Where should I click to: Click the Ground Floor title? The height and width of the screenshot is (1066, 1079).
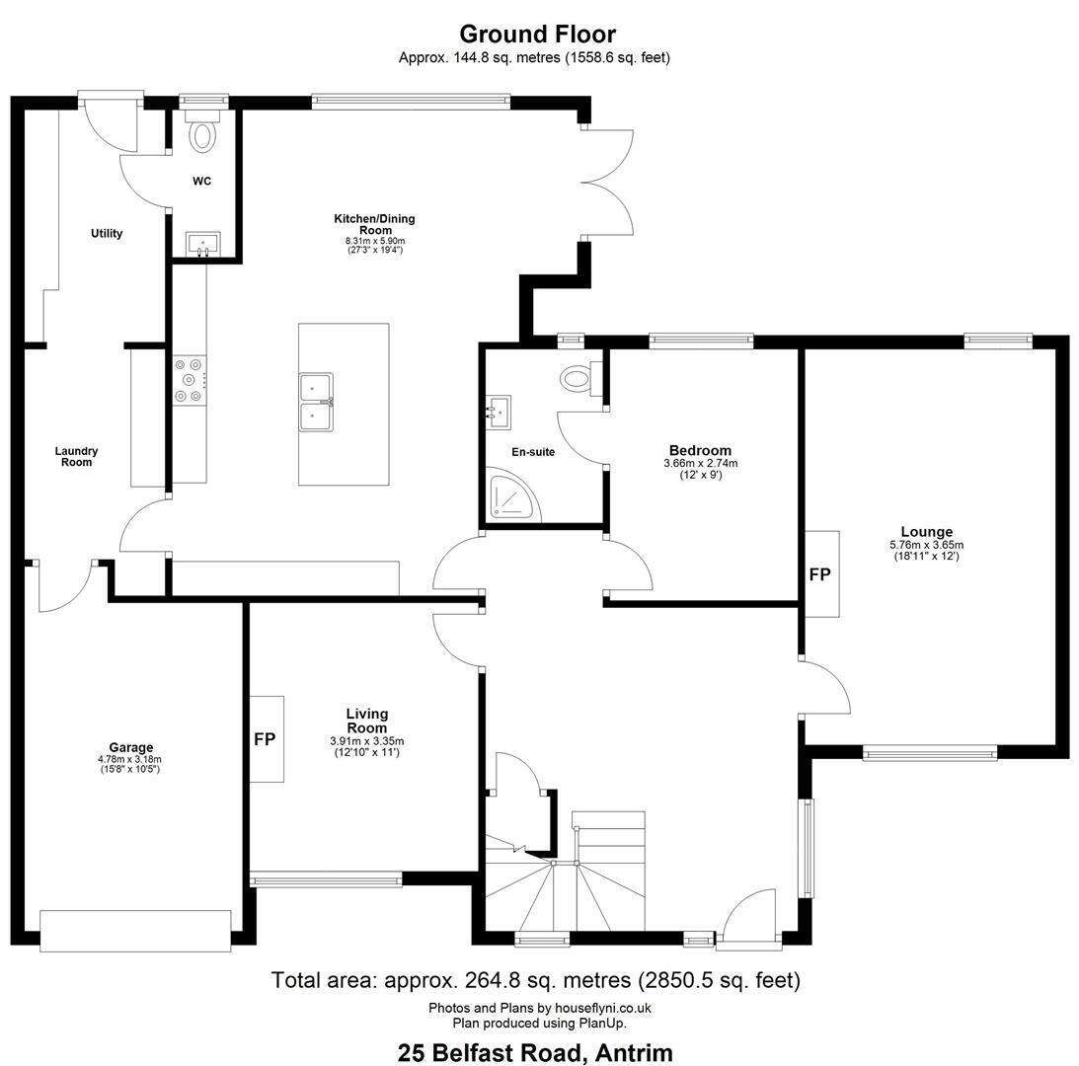click(x=537, y=34)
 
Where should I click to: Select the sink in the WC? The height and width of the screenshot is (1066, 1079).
click(x=203, y=244)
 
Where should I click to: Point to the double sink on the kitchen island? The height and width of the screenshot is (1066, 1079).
click(x=316, y=402)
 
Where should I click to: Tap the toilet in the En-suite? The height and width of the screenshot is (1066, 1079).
click(x=578, y=377)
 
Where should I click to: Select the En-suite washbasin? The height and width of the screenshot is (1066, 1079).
click(x=499, y=412)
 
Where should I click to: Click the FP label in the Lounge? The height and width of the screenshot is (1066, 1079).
click(x=820, y=573)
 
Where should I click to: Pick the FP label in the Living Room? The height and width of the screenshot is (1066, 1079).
click(x=265, y=739)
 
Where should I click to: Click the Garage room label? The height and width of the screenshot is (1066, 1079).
click(x=130, y=747)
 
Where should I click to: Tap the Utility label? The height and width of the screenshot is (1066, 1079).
click(x=107, y=233)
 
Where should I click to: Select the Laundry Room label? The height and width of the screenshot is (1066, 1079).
click(x=76, y=456)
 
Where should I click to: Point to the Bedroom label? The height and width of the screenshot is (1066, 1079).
click(x=701, y=451)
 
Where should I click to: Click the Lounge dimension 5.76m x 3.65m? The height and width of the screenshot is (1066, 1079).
click(x=926, y=545)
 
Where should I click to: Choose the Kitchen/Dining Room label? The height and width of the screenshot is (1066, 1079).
click(x=375, y=224)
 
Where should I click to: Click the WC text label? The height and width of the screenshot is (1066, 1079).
click(x=201, y=182)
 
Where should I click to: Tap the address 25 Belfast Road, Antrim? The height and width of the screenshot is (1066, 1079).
click(x=535, y=1052)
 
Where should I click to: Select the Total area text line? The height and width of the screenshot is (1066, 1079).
click(x=536, y=980)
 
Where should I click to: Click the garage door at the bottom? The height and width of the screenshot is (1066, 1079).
click(x=135, y=931)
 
